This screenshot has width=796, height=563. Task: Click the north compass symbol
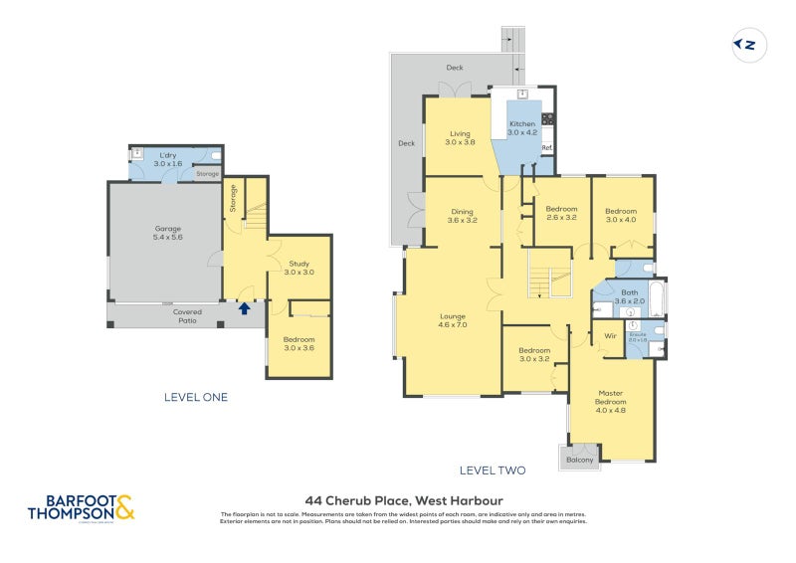tap(747, 45)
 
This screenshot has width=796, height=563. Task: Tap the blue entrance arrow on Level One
tap(244, 308)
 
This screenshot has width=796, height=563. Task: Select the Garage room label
tap(166, 233)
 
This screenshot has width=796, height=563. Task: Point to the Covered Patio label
tap(186, 316)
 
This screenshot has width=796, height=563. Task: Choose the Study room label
tap(299, 267)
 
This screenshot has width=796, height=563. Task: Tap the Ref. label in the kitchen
tap(546, 148)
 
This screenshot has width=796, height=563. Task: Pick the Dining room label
tap(462, 215)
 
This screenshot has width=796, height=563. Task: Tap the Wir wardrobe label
tap(610, 336)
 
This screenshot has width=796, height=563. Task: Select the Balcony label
tap(580, 460)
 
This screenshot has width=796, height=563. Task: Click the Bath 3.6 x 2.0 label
tap(630, 296)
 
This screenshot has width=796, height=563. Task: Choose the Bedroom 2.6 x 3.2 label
tap(561, 213)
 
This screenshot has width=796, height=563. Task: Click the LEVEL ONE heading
tap(196, 397)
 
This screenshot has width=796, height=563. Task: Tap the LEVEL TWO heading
tap(492, 470)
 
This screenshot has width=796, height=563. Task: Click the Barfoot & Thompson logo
tap(81, 507)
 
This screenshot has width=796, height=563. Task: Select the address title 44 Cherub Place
tap(403, 500)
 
